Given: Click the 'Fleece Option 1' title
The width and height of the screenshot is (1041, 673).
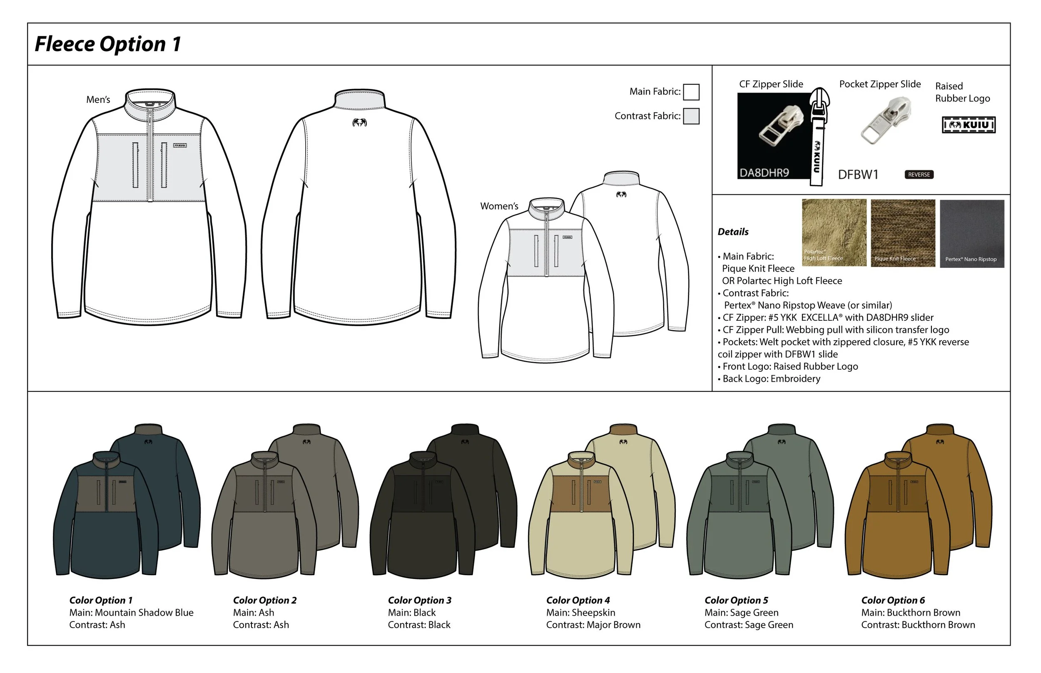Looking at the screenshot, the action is tap(107, 44).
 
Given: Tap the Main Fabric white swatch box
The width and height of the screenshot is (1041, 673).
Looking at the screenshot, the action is tap(691, 92).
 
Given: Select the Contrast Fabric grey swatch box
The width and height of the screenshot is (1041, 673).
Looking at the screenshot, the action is tap(691, 116).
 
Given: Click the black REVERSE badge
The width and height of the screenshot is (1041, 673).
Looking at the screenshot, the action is tap(919, 174).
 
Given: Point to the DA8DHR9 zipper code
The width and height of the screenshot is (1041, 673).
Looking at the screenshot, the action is tap(764, 173).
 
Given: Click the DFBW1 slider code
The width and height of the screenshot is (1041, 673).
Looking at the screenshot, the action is tap(858, 175).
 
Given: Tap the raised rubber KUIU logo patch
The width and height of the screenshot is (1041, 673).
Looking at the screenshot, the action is tap(969, 125).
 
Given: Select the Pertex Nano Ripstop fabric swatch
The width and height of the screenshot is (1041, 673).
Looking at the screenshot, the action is tap(971, 233).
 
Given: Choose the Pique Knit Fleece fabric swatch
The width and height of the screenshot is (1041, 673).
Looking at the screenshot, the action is tap(903, 233).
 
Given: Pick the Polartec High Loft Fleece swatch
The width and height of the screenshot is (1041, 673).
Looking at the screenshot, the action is tap(834, 233).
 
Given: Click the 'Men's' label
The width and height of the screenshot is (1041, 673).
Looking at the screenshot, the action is tap(98, 100).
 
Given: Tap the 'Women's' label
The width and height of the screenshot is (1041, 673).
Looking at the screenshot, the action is tap(499, 206).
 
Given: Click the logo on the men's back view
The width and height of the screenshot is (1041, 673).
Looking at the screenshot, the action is tap(359, 123).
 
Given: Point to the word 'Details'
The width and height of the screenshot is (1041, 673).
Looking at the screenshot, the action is tap(733, 232).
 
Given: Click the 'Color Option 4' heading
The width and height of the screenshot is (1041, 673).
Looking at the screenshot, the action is tap(578, 601).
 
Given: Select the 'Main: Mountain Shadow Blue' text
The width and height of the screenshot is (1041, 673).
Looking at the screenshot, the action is tap(131, 613).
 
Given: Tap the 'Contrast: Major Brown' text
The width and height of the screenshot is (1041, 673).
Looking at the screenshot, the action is tap(593, 625).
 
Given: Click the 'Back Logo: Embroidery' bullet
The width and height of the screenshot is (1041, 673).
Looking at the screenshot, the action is tap(771, 379).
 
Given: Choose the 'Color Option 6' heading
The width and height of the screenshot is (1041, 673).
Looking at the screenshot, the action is tap(893, 601).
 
